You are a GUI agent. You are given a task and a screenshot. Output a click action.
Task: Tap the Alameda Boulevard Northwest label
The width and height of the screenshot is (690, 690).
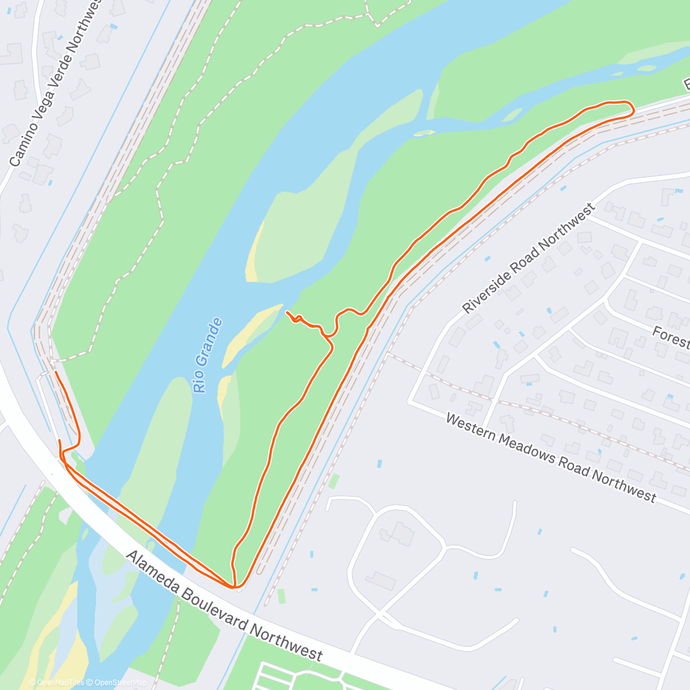pos(224,605)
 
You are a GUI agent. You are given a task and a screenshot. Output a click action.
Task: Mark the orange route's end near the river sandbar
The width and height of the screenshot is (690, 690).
pos(287,312)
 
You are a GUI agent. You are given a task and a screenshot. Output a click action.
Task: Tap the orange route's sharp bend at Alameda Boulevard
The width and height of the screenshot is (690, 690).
pos(235,586)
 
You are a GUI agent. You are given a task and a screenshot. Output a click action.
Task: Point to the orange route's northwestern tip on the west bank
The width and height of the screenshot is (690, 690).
pos(56,373)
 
